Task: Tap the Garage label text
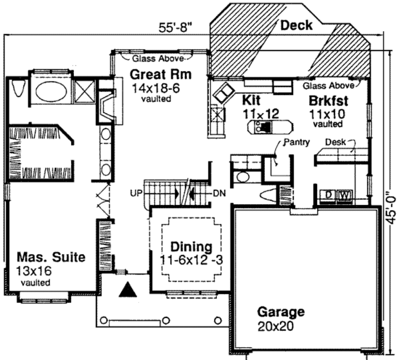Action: [281, 312]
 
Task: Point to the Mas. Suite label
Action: [51, 257]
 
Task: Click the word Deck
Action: [297, 25]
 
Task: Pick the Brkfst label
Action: [328, 100]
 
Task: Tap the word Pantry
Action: [297, 142]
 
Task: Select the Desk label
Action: [335, 142]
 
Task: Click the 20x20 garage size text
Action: [275, 326]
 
